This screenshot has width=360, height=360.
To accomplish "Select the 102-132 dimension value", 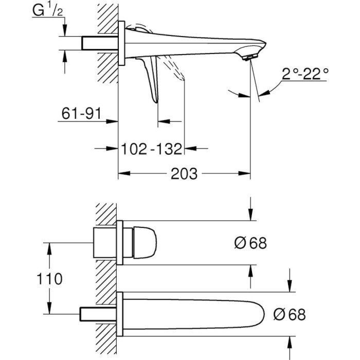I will pyautogui.click(x=152, y=149).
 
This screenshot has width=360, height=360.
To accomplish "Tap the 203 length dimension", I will pyautogui.click(x=184, y=173).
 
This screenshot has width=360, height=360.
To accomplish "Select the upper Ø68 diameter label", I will pyautogui.click(x=250, y=243).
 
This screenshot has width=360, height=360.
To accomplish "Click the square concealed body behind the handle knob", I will pyautogui.click(x=105, y=242).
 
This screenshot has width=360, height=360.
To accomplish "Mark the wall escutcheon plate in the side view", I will pyautogui.click(x=122, y=44).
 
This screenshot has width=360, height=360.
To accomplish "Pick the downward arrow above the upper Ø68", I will pyautogui.click(x=251, y=216).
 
